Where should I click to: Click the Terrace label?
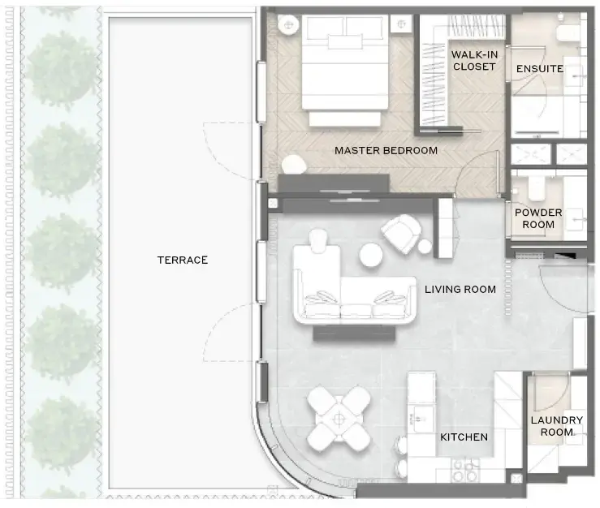pos(183,260)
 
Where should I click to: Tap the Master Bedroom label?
pos(386,150)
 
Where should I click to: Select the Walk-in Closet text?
pos(474,60)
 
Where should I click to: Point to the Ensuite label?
pos(540,69)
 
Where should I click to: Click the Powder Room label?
pos(538,218)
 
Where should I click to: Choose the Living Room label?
pos(460,289)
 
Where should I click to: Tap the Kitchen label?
pos(464,437)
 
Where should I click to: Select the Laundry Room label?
pos(557,426)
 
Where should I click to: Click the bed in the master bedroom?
pos(345,71)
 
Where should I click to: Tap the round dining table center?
pos(339,419)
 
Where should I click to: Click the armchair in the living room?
pos(401,234)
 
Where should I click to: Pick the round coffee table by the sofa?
pos(371,255)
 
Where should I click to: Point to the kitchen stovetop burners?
pos(465,471)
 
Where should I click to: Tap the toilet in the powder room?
pos(534,187)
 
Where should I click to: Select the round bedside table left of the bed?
pos(288,25)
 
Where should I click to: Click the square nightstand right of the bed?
pos(401,24)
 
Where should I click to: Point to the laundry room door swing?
pos(551,394)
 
